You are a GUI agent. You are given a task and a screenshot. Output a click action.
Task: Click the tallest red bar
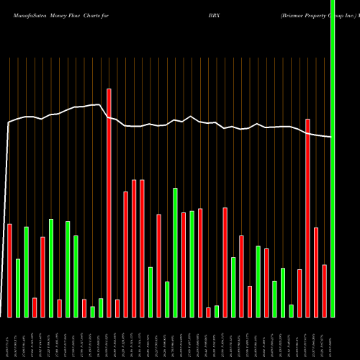tap(109, 202)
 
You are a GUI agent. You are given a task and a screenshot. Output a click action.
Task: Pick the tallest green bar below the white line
tap(175, 252)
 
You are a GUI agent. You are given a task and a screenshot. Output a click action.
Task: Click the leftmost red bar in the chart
tap(9, 270)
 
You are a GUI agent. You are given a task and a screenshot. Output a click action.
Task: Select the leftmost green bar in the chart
tap(18, 287)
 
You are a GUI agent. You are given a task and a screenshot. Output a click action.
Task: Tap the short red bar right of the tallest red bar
tap(117, 308)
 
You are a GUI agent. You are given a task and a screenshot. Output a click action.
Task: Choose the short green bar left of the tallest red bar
tap(101, 307)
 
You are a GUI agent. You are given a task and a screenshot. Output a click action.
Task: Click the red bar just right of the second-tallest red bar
tap(316, 272)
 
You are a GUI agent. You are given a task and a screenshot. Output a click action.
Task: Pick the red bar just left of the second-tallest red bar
tap(300, 293)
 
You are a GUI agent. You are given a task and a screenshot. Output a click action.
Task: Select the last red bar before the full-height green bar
tap(325, 291)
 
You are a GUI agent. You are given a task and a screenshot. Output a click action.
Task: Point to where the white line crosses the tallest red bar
tap(109, 117)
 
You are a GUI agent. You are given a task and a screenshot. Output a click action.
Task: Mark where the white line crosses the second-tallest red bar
tap(307, 134)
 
